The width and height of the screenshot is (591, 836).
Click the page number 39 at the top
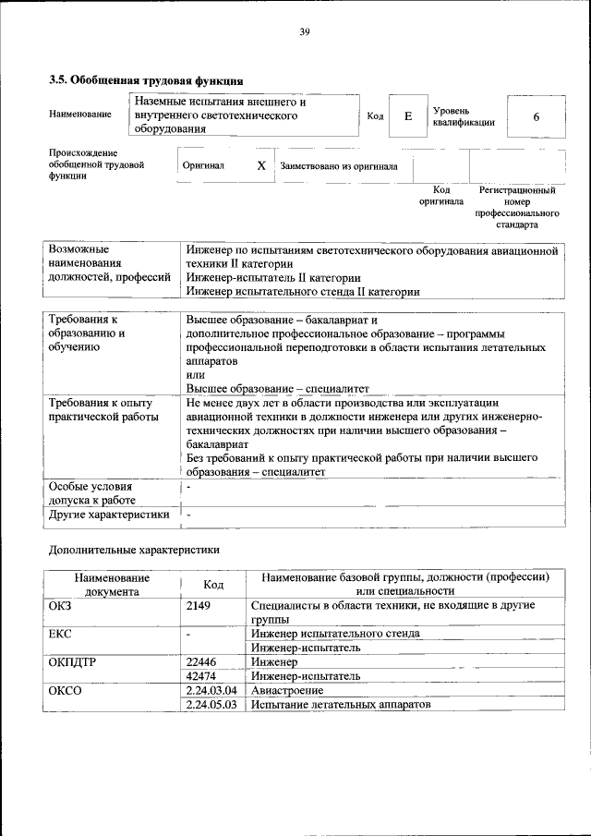[x=304, y=33]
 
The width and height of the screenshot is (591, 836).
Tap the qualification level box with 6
[x=535, y=116]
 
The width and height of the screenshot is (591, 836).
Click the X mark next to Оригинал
[x=260, y=166]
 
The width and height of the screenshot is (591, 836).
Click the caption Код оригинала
[x=440, y=195]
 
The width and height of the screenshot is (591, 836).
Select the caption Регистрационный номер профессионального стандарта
[x=516, y=207]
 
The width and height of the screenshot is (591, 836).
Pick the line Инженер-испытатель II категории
[x=273, y=277]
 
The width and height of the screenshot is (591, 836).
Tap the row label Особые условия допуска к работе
[x=90, y=492]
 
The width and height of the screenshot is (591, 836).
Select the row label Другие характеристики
[x=108, y=515]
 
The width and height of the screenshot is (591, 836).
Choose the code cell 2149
[x=199, y=606]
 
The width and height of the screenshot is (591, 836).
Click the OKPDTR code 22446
[x=200, y=662]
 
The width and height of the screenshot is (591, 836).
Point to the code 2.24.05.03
[x=211, y=704]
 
